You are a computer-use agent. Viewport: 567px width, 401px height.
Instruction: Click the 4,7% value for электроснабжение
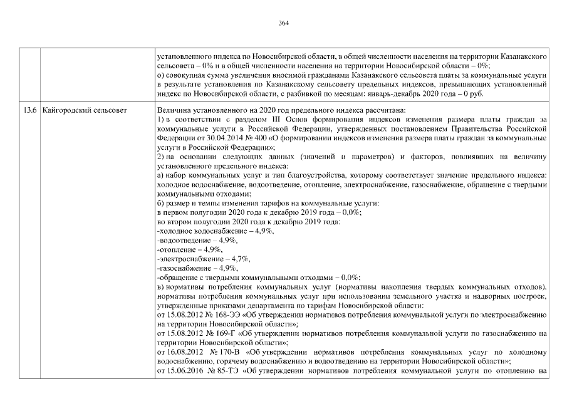241,259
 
